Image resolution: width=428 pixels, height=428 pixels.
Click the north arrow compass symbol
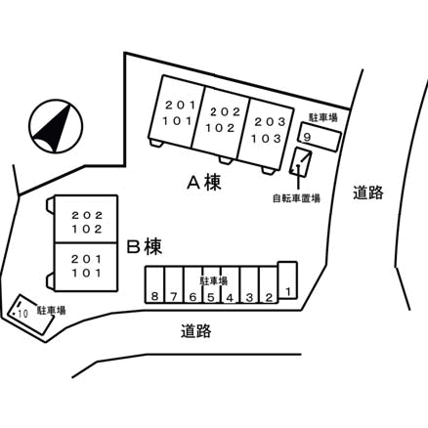[56, 126]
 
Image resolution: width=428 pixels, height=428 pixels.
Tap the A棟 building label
[204, 182]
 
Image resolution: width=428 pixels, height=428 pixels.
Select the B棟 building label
[144, 246]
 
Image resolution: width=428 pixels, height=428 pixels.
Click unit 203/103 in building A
[267, 134]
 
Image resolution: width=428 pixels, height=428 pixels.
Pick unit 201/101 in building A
[177, 111]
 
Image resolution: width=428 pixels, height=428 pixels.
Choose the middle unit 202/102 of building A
[222, 123]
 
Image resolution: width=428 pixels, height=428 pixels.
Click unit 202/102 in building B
[86, 219]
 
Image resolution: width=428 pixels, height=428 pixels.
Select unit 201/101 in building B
[86, 267]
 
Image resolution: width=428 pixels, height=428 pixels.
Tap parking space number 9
[321, 137]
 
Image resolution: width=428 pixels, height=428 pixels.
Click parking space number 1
[287, 280]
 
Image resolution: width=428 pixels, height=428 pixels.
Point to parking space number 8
[154, 285]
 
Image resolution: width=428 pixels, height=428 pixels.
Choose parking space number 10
[30, 314]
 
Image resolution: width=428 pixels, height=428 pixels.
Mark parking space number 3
[249, 285]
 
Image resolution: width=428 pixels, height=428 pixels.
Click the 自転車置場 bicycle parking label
[296, 198]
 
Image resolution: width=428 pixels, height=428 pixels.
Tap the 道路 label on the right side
[368, 193]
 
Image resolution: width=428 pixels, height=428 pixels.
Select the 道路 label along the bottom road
[196, 331]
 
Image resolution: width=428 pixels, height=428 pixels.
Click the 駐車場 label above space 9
[323, 117]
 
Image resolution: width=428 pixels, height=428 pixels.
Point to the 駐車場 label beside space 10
[52, 310]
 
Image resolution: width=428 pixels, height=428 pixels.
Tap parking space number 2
[269, 285]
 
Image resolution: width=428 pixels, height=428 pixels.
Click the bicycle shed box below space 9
[301, 162]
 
